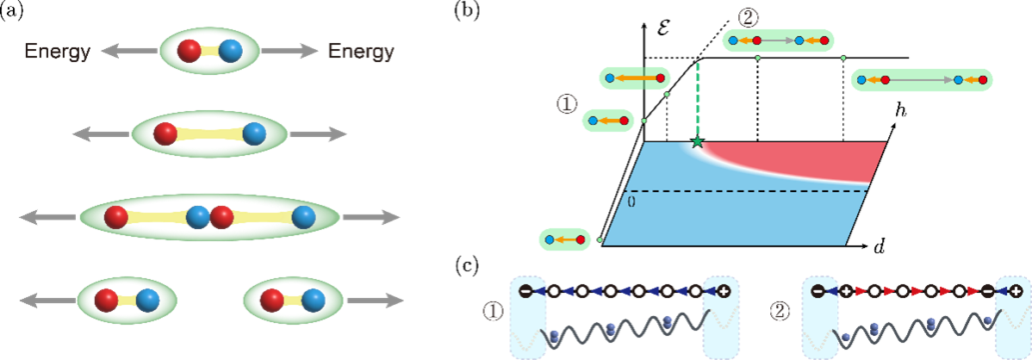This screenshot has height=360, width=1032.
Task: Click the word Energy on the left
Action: (x=57, y=52)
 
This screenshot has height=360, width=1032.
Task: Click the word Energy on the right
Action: (x=360, y=52)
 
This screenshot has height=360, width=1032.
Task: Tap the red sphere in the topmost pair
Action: (x=189, y=51)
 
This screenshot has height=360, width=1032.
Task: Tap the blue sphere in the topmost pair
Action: (x=230, y=51)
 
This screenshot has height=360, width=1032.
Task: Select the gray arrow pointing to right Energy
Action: (x=289, y=52)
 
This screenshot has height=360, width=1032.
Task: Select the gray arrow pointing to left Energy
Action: (x=129, y=52)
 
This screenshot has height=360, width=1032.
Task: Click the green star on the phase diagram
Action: (x=697, y=141)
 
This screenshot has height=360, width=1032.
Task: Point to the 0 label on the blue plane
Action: (x=631, y=202)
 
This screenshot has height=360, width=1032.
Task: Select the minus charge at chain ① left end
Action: (x=525, y=291)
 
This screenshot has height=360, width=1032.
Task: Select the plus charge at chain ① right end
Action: (x=724, y=291)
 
